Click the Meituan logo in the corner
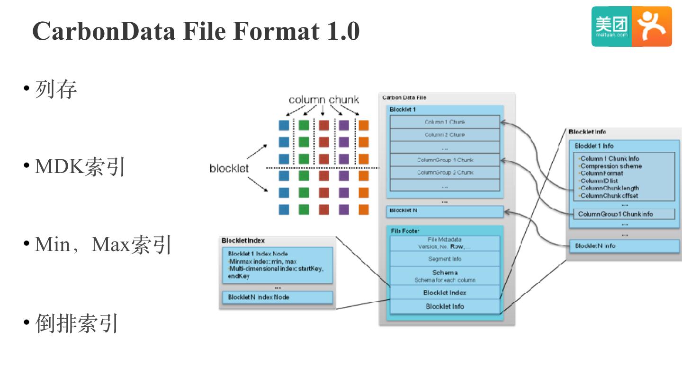pos(631,26)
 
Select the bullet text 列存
pos(56,89)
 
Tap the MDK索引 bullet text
pos(80,166)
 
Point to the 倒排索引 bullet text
pos(77,323)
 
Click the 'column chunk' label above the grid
pos(323,100)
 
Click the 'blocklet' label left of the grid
pos(229,169)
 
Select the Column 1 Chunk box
pos(444,122)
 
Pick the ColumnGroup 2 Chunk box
pos(444,173)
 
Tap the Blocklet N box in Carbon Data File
pos(444,211)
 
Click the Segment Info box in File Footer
pos(444,259)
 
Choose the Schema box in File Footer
pos(444,276)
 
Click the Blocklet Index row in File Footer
pos(444,293)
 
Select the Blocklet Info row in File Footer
pos(444,306)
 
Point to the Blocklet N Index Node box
pos(278,297)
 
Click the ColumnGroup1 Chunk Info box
pos(624,214)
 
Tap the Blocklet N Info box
pos(624,246)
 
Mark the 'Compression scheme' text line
pos(611,166)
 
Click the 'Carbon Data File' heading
pos(404,97)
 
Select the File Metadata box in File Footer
pos(444,243)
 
